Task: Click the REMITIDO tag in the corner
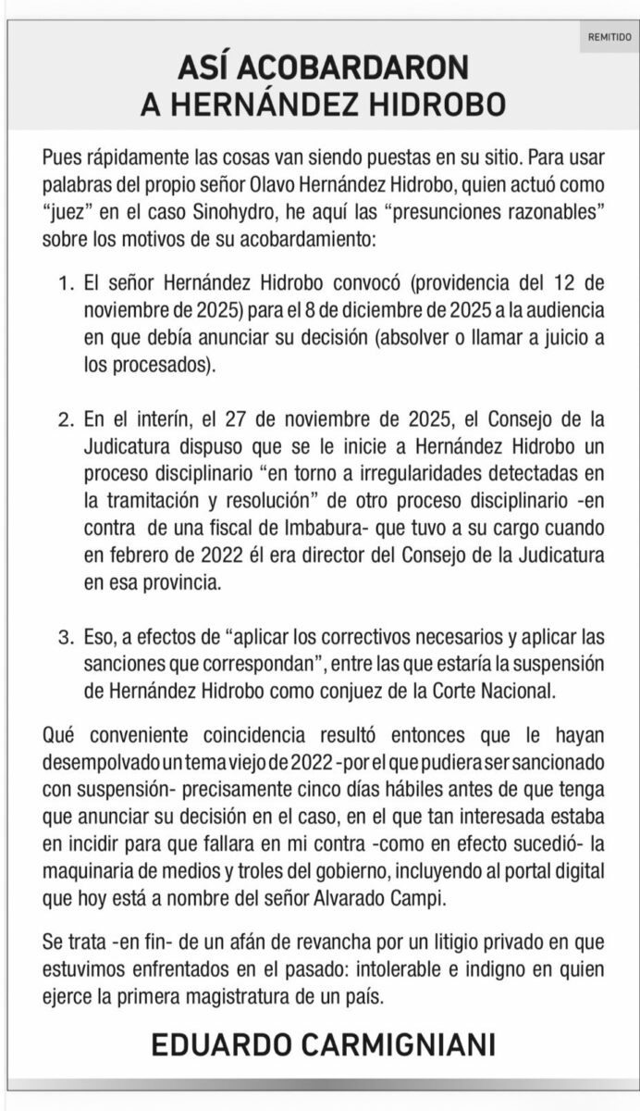(609, 37)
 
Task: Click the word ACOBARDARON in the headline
(363, 67)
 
